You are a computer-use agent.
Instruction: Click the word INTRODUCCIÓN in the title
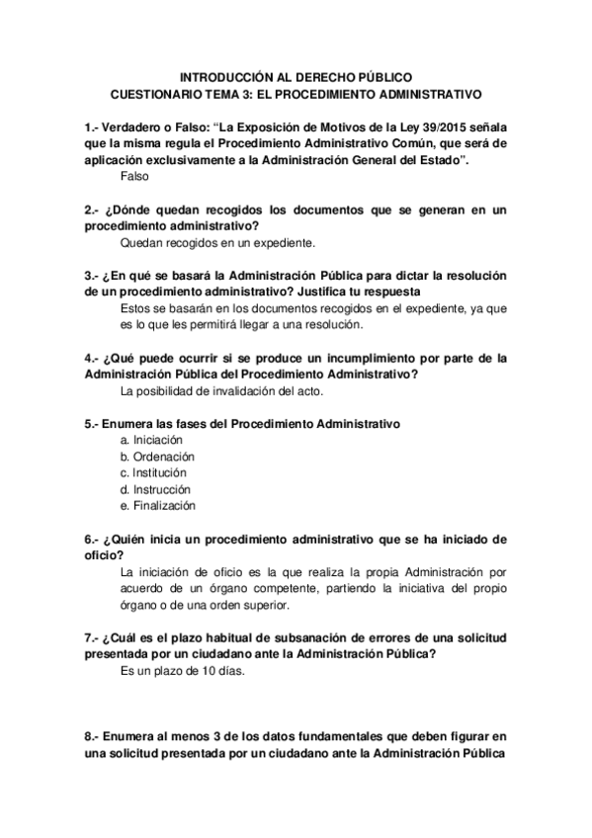coord(229,76)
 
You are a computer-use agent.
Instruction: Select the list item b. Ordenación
coord(157,456)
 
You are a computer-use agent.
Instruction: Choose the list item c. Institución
coord(155,472)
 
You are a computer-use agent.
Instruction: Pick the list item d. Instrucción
coord(155,489)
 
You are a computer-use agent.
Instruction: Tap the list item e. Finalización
coord(158,506)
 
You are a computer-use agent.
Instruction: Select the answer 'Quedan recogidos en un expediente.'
coord(217,241)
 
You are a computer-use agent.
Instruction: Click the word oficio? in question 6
coord(104,555)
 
